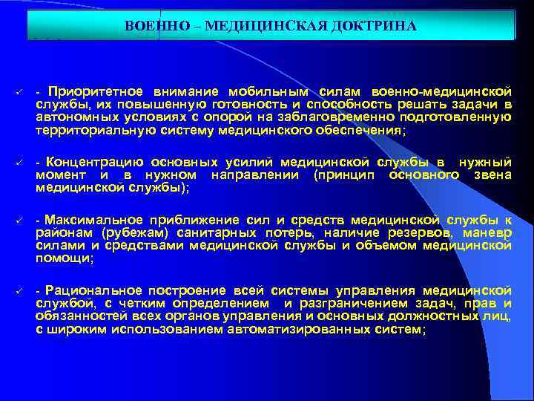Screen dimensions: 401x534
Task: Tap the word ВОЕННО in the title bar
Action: pyautogui.click(x=149, y=27)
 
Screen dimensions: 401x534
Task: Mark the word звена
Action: pyautogui.click(x=492, y=175)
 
